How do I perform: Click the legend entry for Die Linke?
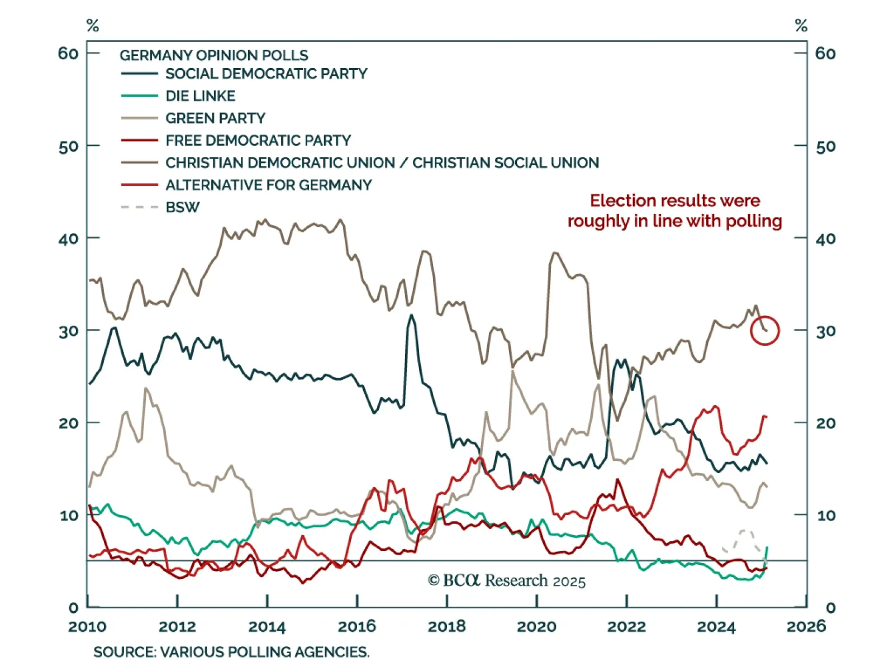tap(200, 96)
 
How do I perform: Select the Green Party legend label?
tap(215, 118)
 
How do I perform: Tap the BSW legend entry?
tap(182, 207)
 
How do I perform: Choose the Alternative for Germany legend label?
tap(268, 185)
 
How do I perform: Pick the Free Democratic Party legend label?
tap(258, 140)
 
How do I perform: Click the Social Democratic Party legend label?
tap(266, 74)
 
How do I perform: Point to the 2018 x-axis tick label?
tap(446, 626)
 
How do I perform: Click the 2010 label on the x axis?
tap(87, 626)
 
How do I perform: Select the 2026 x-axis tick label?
tap(806, 626)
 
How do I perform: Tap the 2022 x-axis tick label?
tap(626, 626)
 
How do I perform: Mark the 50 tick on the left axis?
tap(68, 147)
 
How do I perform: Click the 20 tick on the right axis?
tap(826, 423)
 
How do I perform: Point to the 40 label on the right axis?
tap(826, 239)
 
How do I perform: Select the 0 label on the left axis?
tap(73, 607)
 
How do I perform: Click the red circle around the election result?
tap(765, 331)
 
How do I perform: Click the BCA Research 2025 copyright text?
tap(507, 581)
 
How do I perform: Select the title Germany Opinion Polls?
tap(213, 55)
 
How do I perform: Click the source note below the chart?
tap(231, 652)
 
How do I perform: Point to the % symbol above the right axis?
tap(801, 26)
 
